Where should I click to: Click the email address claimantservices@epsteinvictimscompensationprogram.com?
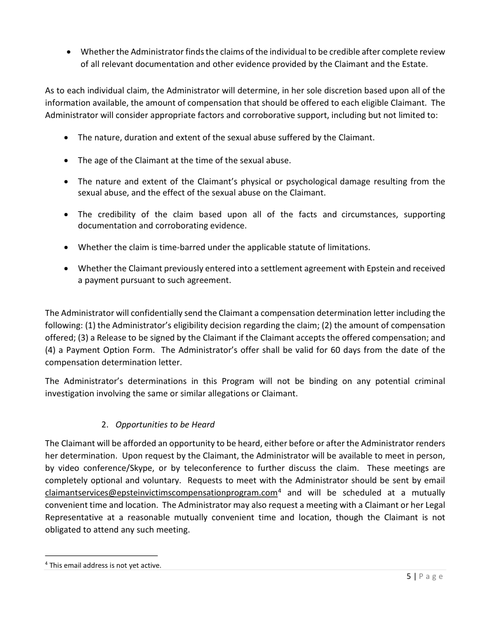160,493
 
